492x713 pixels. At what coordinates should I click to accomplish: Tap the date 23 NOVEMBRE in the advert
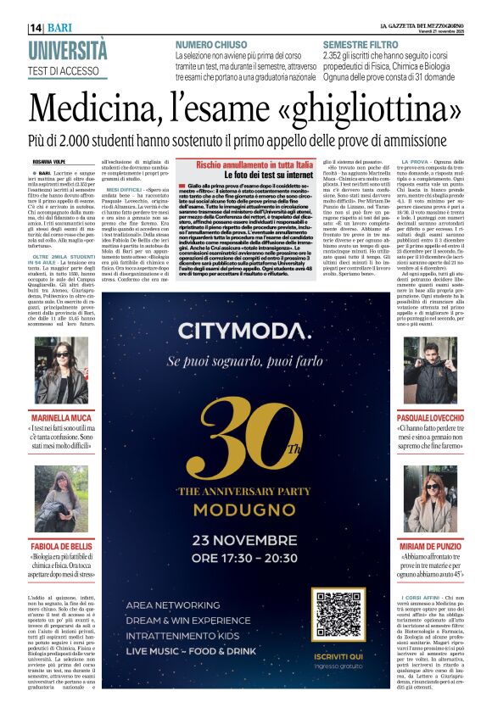click(x=244, y=542)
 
